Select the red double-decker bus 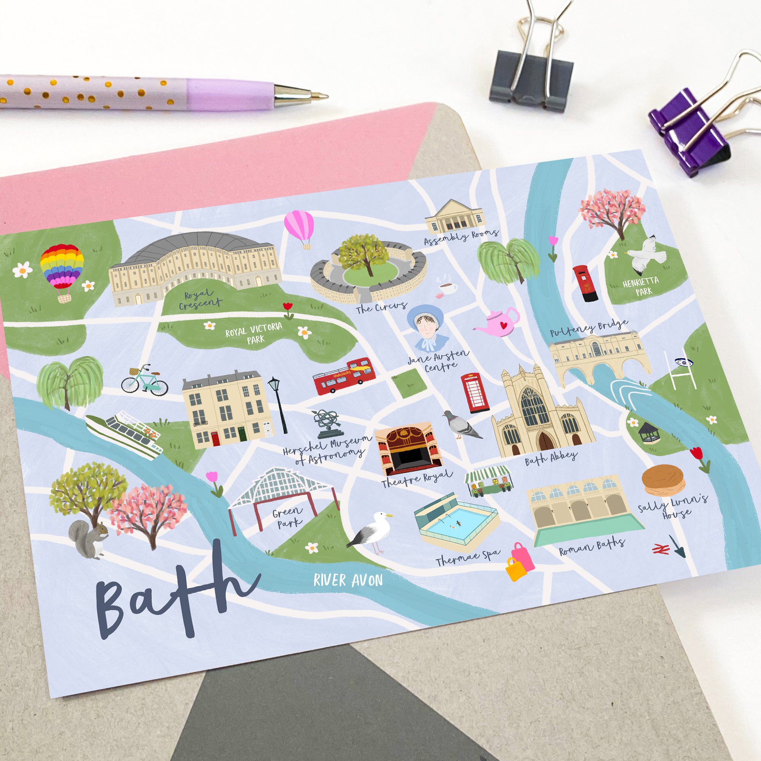342,376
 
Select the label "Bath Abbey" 551,458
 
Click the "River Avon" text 348,580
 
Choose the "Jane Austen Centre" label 438,361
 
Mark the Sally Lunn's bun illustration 663,480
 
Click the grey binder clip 532,81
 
